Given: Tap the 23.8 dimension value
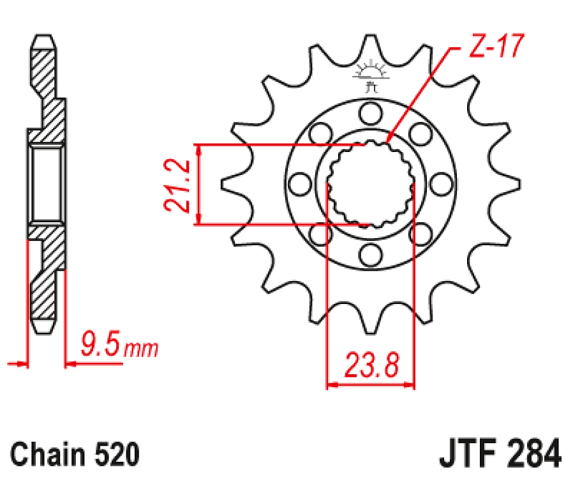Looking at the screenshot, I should [372, 367].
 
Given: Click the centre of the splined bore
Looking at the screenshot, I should [370, 185].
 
